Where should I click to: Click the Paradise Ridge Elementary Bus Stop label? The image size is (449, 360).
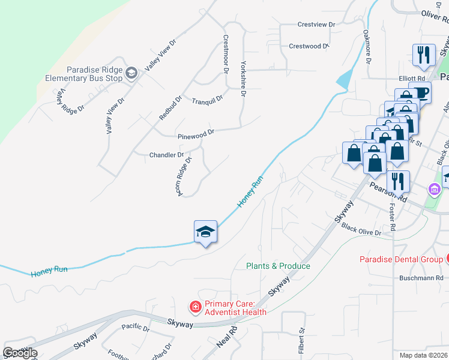[83, 74]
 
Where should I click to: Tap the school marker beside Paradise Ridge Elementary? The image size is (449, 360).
[131, 73]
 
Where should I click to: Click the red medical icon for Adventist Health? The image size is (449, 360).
[195, 307]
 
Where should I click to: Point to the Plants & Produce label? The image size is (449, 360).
[278, 266]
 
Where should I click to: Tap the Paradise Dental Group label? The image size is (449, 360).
[401, 259]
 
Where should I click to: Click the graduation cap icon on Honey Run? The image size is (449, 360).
[204, 232]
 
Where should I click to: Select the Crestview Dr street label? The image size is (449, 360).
[316, 25]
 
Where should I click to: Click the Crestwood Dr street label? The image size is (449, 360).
[309, 46]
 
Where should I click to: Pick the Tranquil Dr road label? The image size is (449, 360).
[208, 99]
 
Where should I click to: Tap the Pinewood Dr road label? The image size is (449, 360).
[196, 134]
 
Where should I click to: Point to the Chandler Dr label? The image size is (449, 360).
[166, 155]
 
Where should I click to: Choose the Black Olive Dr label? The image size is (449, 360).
[361, 229]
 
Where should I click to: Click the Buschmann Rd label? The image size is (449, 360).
[421, 278]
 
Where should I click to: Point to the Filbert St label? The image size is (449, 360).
[302, 339]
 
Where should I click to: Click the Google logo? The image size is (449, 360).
[20, 352]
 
